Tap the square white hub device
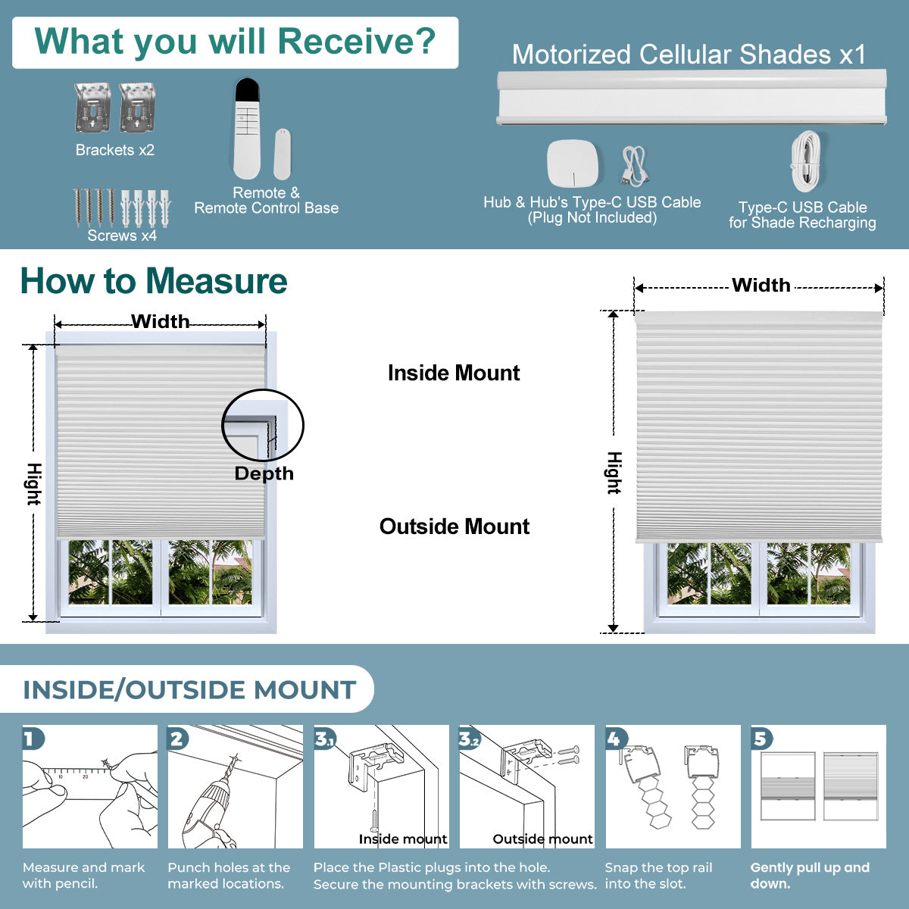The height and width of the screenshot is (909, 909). (573, 164)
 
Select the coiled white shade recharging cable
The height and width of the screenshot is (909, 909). (805, 162)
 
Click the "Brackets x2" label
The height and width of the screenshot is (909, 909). (115, 150)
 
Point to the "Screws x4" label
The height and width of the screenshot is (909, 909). (122, 236)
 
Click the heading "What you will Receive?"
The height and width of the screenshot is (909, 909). (235, 42)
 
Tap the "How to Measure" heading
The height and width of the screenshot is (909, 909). (154, 281)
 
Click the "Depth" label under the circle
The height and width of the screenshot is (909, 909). (264, 473)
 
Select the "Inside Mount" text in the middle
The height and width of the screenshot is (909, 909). (454, 373)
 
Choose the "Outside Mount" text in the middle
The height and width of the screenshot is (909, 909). (454, 526)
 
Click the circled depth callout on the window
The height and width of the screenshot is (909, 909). (262, 426)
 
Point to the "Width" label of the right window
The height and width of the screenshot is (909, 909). (761, 286)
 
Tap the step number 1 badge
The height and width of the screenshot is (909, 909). (32, 738)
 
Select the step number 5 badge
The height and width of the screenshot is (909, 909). (761, 738)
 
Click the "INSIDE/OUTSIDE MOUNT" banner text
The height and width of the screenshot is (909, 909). (189, 690)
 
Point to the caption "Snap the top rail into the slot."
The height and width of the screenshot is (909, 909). (658, 876)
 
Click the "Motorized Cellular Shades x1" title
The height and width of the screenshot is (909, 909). (689, 55)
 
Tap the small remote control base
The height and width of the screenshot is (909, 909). (282, 154)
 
